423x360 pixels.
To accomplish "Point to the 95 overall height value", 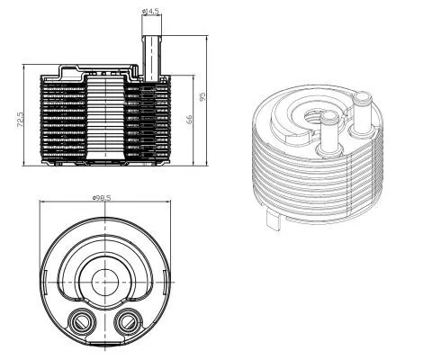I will point(203,96).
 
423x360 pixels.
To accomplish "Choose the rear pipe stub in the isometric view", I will point(364,110).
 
